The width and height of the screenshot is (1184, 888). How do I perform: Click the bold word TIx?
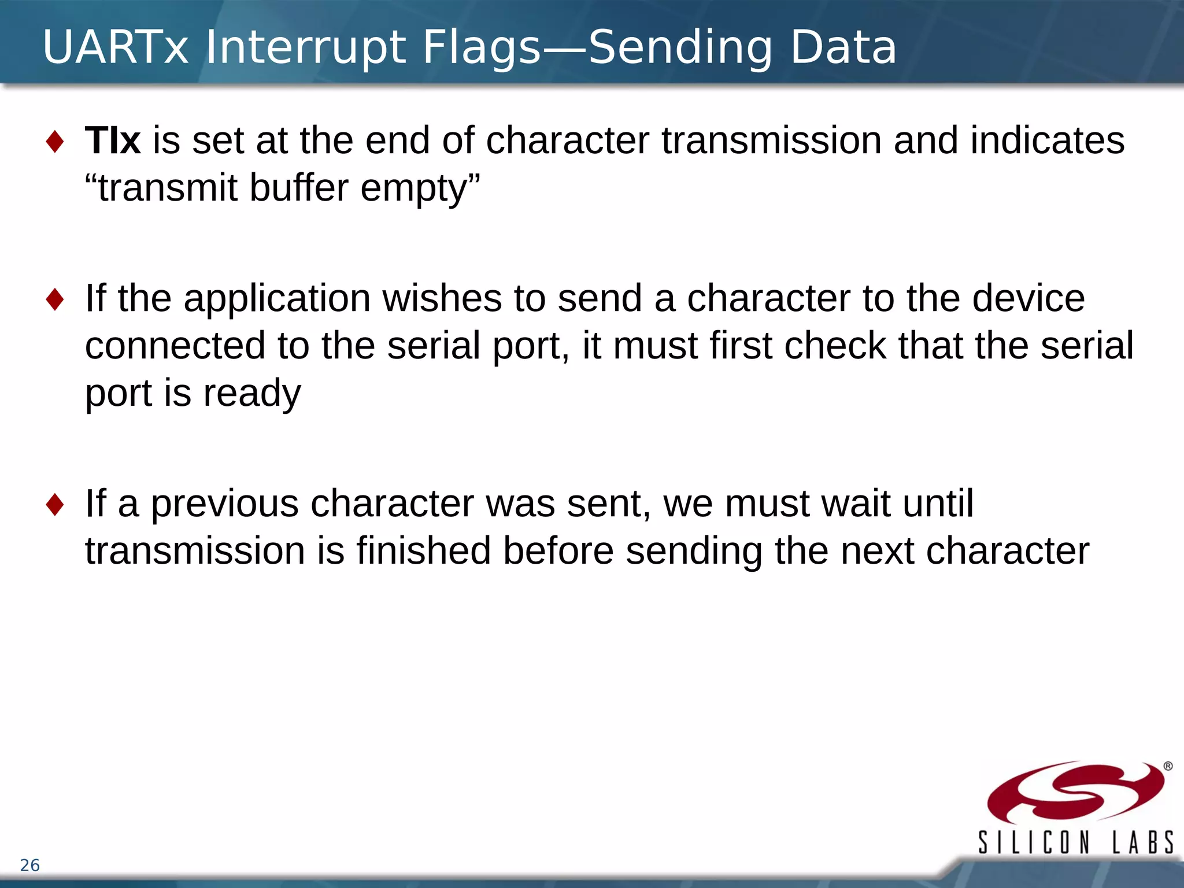click(x=113, y=140)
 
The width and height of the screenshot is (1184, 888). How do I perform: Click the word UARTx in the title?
click(x=116, y=47)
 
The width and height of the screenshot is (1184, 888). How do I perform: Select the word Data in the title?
click(x=843, y=47)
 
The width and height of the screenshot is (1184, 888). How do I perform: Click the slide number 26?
click(x=29, y=865)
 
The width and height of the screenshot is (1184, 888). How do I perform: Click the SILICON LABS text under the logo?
click(x=1075, y=842)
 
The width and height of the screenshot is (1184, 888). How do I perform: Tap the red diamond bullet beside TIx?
click(x=55, y=142)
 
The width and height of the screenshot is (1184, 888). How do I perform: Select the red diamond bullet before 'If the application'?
click(x=55, y=299)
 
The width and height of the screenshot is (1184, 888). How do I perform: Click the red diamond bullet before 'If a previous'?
click(x=55, y=505)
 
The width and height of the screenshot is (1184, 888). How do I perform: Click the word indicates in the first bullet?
click(x=1047, y=140)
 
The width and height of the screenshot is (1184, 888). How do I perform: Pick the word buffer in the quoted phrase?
click(x=299, y=188)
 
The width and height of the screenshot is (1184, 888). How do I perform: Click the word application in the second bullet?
click(x=277, y=299)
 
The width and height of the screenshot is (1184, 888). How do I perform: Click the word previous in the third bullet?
click(x=224, y=504)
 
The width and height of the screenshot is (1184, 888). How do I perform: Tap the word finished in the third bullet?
click(x=423, y=550)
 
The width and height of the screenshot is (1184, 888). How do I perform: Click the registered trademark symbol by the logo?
click(x=1168, y=767)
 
